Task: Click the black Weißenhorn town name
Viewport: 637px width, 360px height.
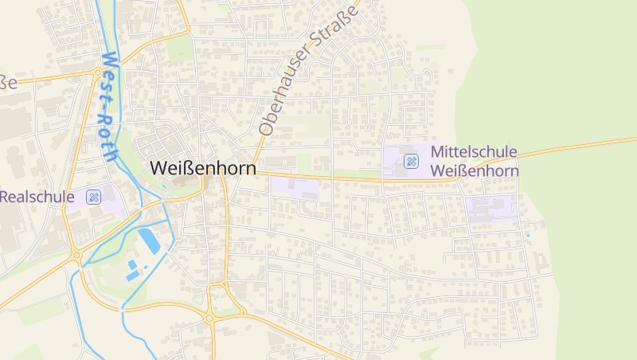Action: (x=203, y=169)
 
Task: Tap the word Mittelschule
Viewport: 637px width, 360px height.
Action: (x=474, y=151)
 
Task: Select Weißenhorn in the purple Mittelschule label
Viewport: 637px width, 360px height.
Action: (x=475, y=170)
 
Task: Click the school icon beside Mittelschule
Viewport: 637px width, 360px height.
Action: (x=412, y=162)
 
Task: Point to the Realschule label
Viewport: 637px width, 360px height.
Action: (x=37, y=197)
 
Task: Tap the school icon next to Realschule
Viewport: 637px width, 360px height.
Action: (x=94, y=197)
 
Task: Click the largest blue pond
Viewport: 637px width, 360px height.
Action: (x=149, y=240)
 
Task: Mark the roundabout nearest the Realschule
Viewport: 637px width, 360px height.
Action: (x=76, y=256)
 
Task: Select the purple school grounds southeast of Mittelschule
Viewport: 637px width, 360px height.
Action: (x=491, y=209)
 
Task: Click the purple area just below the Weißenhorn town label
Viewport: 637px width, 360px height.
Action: (x=295, y=188)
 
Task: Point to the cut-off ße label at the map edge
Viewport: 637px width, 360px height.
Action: (x=7, y=82)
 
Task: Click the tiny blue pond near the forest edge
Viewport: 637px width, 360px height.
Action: (x=528, y=235)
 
